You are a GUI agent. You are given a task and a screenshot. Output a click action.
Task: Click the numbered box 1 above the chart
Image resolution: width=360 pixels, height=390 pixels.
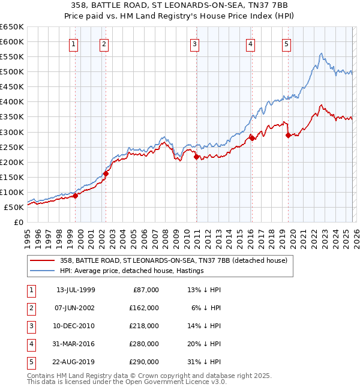coord(73,43)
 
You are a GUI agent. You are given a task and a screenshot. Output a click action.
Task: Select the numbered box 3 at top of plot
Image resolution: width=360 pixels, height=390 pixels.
coord(195,43)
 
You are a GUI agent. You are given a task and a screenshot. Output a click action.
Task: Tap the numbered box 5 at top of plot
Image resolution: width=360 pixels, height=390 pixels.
coord(286,43)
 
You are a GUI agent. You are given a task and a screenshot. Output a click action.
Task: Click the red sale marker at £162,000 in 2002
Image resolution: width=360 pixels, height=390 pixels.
coord(106,174)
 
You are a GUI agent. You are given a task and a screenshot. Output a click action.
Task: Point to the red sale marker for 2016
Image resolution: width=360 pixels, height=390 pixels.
coord(252,138)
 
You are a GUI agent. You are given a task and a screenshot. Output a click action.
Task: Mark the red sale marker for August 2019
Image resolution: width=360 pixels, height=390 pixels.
coord(288,135)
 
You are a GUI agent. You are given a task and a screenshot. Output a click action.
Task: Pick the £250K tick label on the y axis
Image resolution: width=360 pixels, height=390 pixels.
coord(12,147)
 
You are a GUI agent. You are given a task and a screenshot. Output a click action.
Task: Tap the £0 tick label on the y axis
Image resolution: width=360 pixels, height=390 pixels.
coord(19,222)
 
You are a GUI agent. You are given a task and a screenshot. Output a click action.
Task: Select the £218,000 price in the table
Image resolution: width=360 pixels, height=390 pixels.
coord(144,326)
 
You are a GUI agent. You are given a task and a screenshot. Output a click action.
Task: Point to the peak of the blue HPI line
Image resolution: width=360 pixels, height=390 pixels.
coord(322,53)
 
